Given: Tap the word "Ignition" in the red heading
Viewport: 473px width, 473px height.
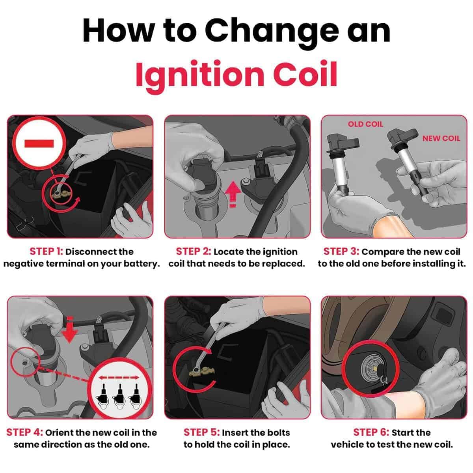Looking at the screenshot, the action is (200, 74).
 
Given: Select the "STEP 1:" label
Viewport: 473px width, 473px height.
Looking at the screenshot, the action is (47, 251).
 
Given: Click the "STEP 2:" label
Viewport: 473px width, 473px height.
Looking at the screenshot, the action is (194, 251).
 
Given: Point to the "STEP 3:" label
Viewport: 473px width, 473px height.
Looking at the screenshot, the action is (341, 251).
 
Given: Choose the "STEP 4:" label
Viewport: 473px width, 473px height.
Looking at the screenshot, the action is (24, 432).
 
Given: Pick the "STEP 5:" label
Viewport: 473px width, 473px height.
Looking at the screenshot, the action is (201, 432).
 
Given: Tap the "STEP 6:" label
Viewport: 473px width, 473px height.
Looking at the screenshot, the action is (371, 432).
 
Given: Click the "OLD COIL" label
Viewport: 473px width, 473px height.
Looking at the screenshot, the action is (365, 124).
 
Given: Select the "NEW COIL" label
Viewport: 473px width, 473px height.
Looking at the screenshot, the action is (441, 138).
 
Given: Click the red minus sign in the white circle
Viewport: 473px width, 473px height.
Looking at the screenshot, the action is (39, 143).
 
